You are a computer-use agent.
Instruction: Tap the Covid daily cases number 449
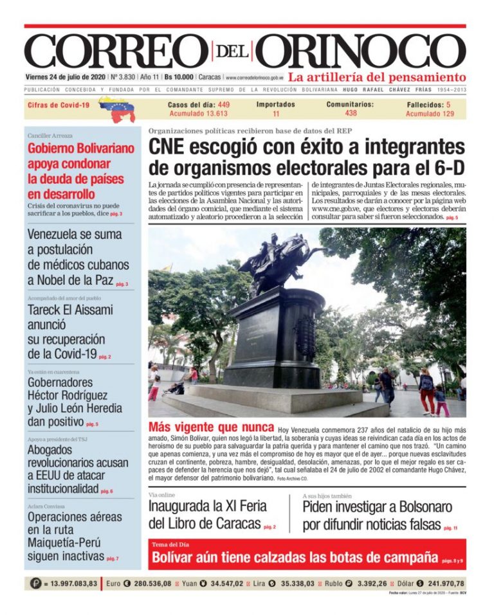[224, 104]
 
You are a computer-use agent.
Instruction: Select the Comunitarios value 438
[351, 113]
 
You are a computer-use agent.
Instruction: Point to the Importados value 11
[276, 114]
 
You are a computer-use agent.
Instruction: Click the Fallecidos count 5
[448, 104]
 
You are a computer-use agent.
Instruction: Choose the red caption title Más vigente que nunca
[210, 428]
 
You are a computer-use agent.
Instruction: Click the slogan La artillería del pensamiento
[376, 76]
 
